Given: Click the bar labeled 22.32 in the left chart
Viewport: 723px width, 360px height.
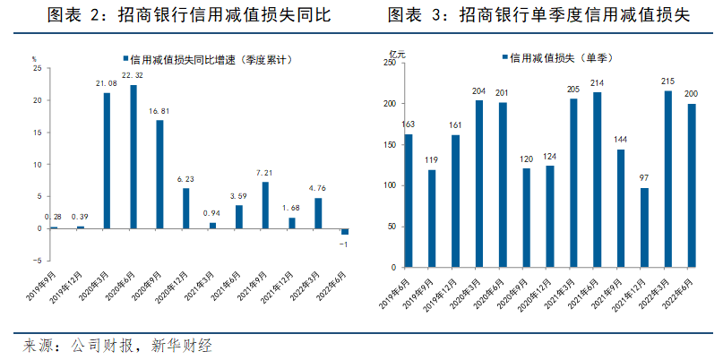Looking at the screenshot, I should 133,157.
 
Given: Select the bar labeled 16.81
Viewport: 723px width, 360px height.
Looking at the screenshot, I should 159,175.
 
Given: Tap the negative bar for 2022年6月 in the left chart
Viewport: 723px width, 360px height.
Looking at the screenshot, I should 345,232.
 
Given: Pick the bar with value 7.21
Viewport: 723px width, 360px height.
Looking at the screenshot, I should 265,205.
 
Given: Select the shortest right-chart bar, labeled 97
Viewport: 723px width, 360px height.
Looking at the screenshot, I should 644,227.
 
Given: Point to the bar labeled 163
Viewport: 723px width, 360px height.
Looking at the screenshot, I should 409,201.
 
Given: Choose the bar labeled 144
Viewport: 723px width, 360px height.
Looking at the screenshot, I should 621,208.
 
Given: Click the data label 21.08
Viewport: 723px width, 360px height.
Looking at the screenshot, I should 107,84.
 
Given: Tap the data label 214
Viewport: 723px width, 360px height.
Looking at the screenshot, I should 597,83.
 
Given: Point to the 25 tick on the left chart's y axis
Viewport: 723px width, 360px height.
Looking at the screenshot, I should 37,68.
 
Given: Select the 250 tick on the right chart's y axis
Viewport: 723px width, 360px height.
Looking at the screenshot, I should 388,63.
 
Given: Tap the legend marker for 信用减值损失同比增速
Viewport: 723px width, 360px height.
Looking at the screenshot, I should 125,59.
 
